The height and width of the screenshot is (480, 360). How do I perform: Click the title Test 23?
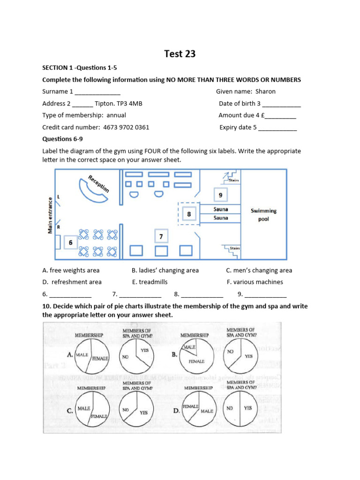pyautogui.click(x=180, y=54)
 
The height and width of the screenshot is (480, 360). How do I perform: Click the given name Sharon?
pyautogui.click(x=265, y=91)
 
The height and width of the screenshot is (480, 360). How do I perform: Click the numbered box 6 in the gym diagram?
pyautogui.click(x=71, y=242)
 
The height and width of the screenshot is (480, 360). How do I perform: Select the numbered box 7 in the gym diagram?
pyautogui.click(x=161, y=237)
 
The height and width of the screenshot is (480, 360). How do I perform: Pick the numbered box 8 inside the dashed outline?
pyautogui.click(x=189, y=214)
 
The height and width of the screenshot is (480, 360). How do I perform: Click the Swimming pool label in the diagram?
pyautogui.click(x=263, y=215)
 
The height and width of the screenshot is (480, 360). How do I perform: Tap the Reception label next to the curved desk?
pyautogui.click(x=98, y=183)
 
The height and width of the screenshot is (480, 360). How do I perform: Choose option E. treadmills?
pyautogui.click(x=150, y=282)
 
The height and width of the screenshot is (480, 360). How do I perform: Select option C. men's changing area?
pyautogui.click(x=259, y=270)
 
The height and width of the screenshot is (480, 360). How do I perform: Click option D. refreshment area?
pyautogui.click(x=72, y=282)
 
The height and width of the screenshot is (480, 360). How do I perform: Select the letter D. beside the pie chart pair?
pyautogui.click(x=176, y=411)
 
